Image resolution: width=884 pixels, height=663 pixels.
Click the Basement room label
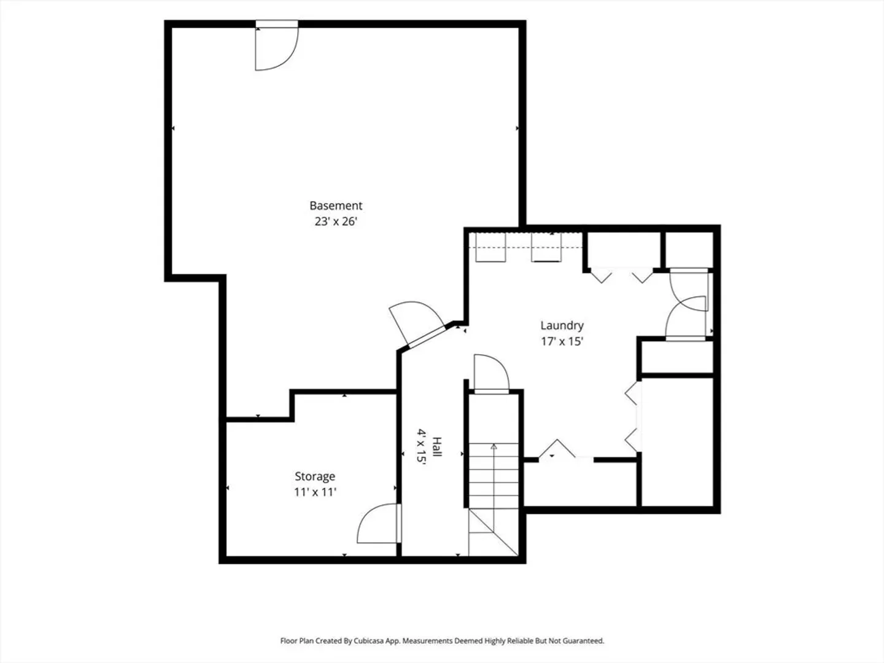336,206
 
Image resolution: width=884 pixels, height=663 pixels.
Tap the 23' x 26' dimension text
336,222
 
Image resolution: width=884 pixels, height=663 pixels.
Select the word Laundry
562,325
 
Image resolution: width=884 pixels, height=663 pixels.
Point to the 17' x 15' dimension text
562,341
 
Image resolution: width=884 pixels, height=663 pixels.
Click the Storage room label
315,476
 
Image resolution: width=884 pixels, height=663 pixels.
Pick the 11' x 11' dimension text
315,492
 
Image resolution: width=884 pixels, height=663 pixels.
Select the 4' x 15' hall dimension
421,447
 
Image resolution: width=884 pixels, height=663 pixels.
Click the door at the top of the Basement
277,45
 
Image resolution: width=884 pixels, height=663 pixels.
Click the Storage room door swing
379,523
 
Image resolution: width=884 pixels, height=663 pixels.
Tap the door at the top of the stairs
491,374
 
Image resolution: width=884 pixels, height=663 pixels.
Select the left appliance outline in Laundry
490,247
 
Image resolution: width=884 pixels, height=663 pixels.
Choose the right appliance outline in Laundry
546,247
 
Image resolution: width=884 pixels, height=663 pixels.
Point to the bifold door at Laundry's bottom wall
557,448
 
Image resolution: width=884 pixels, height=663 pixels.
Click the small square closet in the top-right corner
689,250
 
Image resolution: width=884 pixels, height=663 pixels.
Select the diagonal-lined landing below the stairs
494,532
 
